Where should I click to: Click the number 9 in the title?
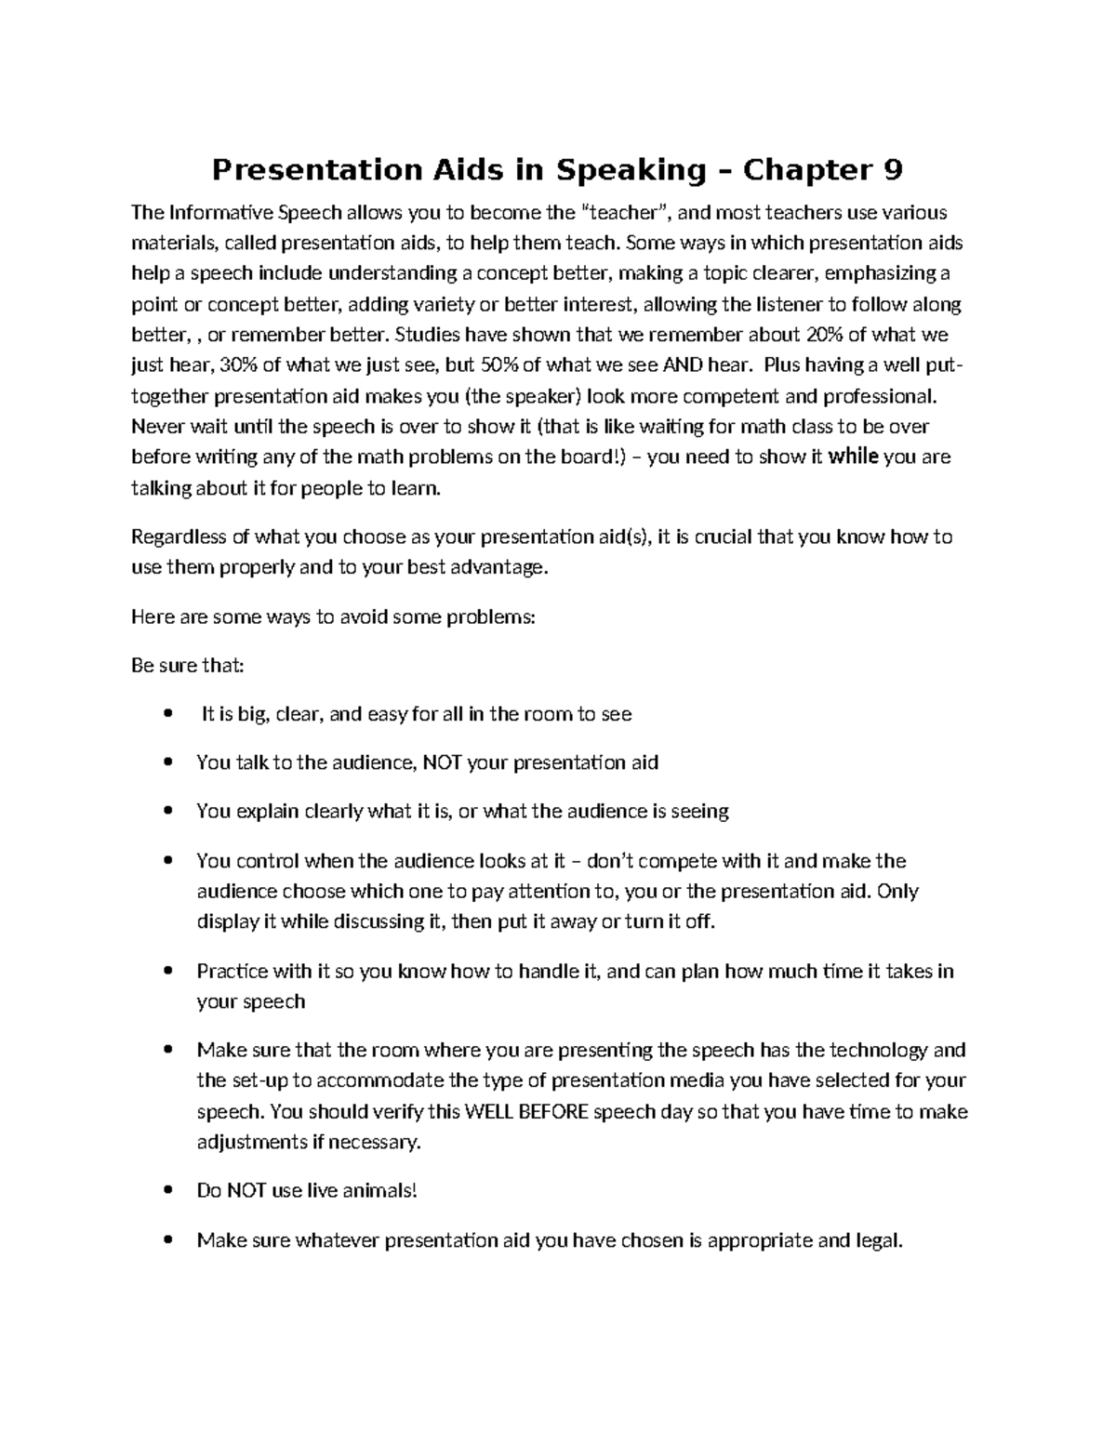pyautogui.click(x=891, y=170)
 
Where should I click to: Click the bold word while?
pyautogui.click(x=852, y=457)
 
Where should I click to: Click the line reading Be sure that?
pyautogui.click(x=188, y=666)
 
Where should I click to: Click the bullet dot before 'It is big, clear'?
pyautogui.click(x=167, y=715)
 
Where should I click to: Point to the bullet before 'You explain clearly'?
pyautogui.click(x=167, y=812)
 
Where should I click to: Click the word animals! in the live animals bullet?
pyautogui.click(x=381, y=1191)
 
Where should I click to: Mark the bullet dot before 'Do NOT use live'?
pyautogui.click(x=167, y=1191)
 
